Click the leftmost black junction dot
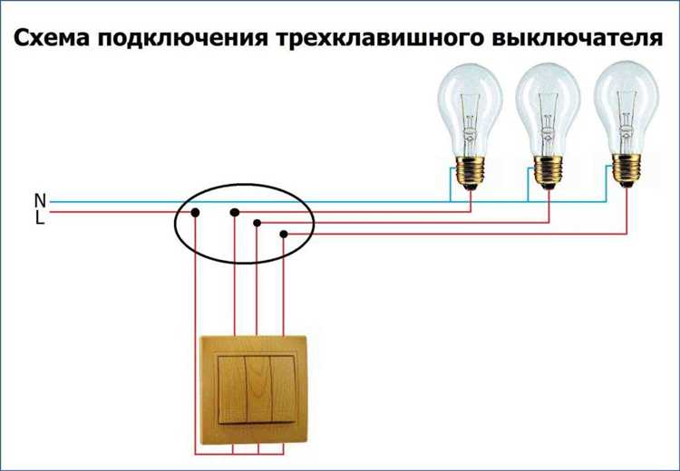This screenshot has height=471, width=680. (x=194, y=214)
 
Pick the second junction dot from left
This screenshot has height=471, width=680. (x=235, y=213)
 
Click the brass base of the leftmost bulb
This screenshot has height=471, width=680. (x=471, y=171)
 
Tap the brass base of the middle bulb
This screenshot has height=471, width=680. (x=548, y=171)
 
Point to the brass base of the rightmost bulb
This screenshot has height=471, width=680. (x=623, y=169)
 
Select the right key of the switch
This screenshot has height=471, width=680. (x=283, y=390)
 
